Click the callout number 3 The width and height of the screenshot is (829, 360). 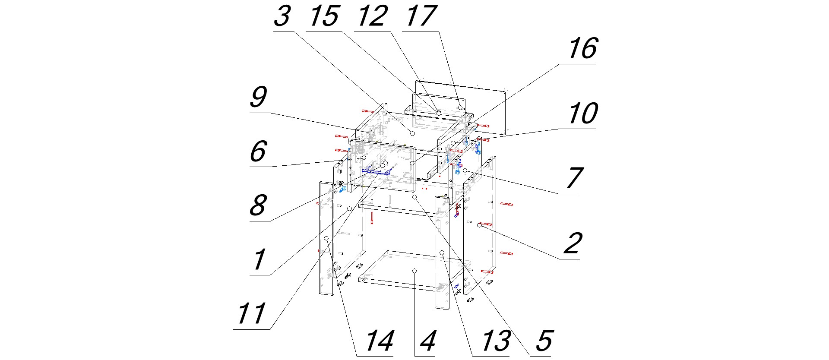pyautogui.click(x=282, y=16)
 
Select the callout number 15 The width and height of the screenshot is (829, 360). pyautogui.click(x=324, y=16)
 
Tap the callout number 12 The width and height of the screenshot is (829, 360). pyautogui.click(x=372, y=16)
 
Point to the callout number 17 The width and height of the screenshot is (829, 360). pyautogui.click(x=421, y=16)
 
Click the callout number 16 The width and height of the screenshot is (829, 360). pyautogui.click(x=583, y=48)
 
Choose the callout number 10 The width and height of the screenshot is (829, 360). pyautogui.click(x=583, y=114)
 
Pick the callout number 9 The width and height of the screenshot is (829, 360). pyautogui.click(x=258, y=97)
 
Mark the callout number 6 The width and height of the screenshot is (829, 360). pyautogui.click(x=258, y=152)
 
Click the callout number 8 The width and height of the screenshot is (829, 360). pyautogui.click(x=258, y=205)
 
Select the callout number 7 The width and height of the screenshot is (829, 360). pyautogui.click(x=574, y=178)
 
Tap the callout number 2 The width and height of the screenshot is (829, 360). pyautogui.click(x=573, y=243)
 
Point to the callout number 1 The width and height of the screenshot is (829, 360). pyautogui.click(x=259, y=260)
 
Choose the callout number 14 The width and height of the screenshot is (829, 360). pyautogui.click(x=380, y=341)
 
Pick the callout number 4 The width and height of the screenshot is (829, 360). pyautogui.click(x=427, y=341)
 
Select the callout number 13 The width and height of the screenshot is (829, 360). pyautogui.click(x=496, y=341)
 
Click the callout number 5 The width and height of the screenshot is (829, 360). pyautogui.click(x=544, y=341)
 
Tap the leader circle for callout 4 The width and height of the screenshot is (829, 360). pyautogui.click(x=414, y=271)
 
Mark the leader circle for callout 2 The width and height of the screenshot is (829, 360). pyautogui.click(x=479, y=225)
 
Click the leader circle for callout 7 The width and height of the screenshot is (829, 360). pyautogui.click(x=465, y=171)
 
